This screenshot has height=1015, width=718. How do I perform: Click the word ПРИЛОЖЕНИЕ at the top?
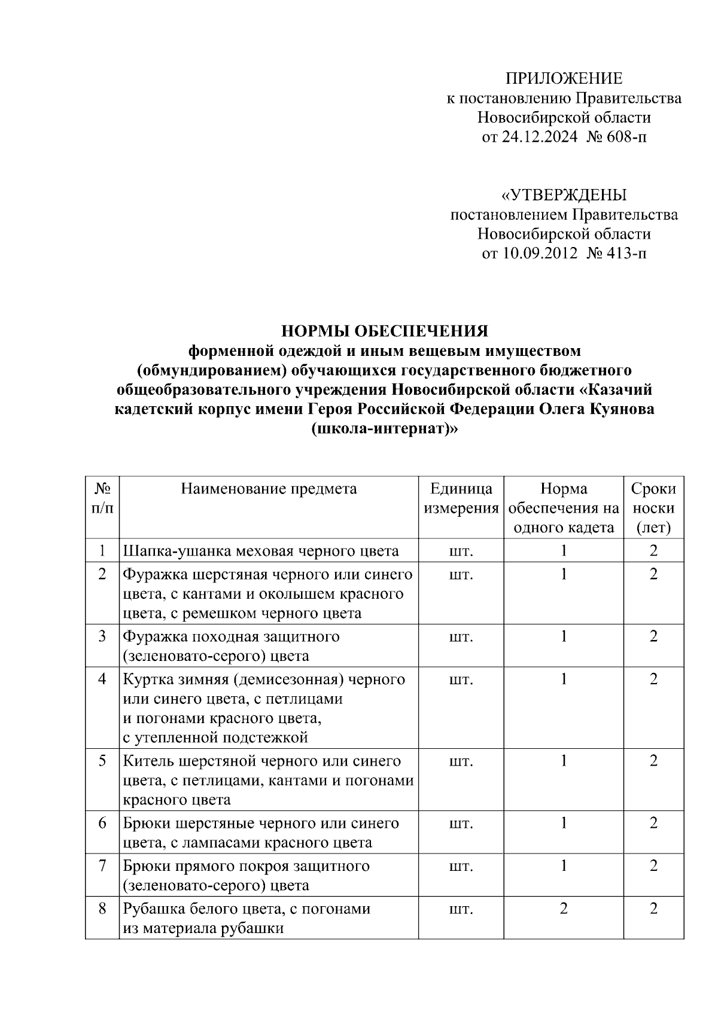564,78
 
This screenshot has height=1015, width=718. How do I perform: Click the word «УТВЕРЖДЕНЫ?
564,195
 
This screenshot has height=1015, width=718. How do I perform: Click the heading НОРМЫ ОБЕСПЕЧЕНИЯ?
385,331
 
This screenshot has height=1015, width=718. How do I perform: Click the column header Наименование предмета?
269,489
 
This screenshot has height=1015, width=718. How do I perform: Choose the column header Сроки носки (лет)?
653,508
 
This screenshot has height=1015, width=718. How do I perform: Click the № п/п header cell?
102,498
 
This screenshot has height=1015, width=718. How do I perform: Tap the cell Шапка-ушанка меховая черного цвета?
261,551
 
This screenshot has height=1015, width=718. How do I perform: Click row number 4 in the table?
102,679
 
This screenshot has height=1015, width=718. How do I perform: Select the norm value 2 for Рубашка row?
563,909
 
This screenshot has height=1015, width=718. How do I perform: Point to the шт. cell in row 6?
461,824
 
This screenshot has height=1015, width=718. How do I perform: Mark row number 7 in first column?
102,866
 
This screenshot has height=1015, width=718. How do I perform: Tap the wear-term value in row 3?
653,636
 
